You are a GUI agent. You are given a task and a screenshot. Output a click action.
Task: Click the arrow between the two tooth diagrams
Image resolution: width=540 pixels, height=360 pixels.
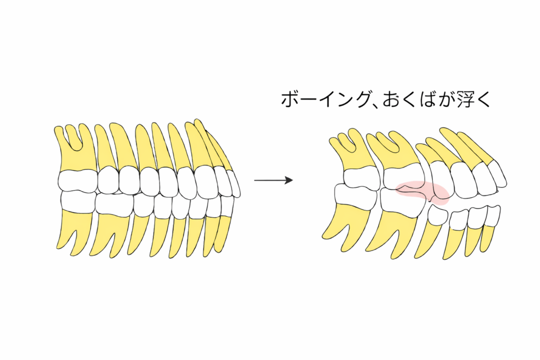[273, 180]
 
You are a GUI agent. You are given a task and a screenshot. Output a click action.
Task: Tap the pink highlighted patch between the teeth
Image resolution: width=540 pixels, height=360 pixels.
[422, 192]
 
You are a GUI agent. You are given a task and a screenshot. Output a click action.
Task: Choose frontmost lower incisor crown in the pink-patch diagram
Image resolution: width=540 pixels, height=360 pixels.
[493, 214]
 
